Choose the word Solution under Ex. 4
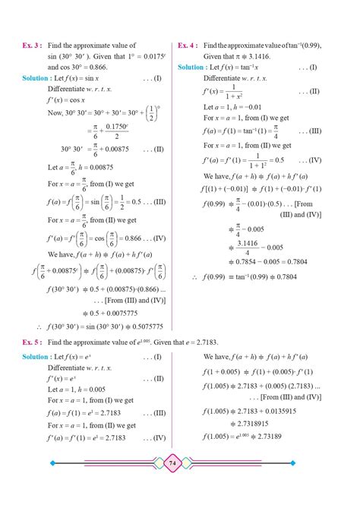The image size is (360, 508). coord(191,67)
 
